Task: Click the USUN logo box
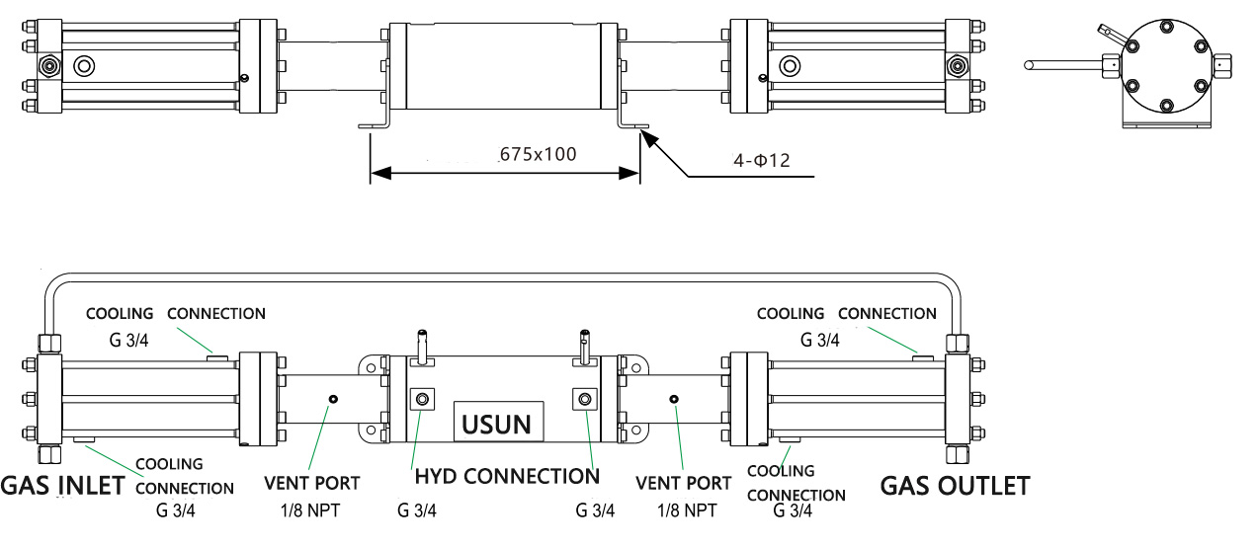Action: pos(498,423)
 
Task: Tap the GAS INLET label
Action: pos(62,486)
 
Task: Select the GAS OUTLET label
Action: pos(955,486)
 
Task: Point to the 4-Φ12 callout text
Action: pos(761,160)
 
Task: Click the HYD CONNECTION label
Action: pos(506,476)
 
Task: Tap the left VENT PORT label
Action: pos(311,483)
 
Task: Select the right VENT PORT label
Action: pos(683,483)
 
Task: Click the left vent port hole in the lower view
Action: pos(333,399)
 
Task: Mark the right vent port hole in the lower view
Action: pos(673,399)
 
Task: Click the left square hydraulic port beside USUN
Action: pos(423,399)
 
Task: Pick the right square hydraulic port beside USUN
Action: pos(584,399)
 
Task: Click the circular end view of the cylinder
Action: pos(1166,66)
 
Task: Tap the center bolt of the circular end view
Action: pos(1166,66)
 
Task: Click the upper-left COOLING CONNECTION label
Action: pos(175,314)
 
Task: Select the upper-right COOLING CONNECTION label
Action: pos(846,314)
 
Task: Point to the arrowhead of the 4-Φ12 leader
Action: pos(644,135)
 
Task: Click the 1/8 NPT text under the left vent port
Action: pos(311,510)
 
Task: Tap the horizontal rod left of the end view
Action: pos(1062,66)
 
